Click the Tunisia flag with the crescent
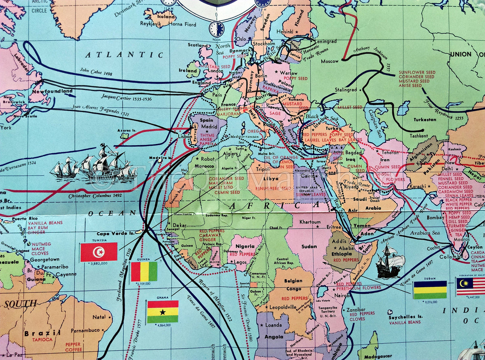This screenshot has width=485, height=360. [99, 252]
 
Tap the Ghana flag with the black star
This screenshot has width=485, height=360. [162, 312]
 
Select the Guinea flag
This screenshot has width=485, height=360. [144, 272]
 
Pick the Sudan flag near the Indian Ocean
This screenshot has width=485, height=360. [430, 290]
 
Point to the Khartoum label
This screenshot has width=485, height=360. [310, 222]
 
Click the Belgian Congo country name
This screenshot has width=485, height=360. [293, 285]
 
